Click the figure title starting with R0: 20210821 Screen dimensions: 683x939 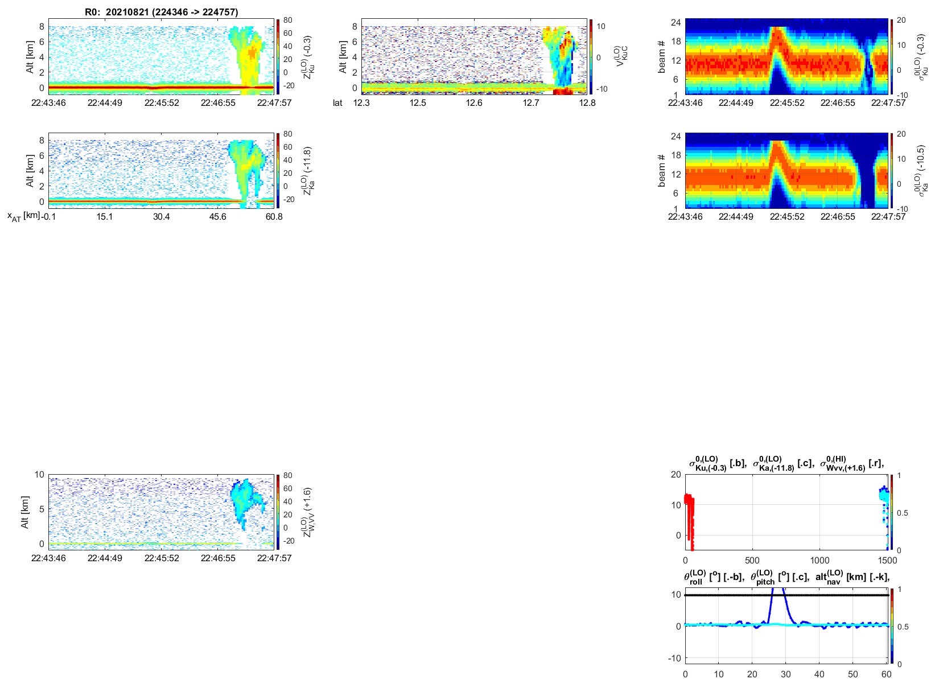click(162, 12)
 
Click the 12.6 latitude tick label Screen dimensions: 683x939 click(474, 103)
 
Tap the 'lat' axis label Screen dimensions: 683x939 click(337, 103)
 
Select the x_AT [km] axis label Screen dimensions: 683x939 click(23, 216)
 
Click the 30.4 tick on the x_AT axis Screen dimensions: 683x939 click(161, 217)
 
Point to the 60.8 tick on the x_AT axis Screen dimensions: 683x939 click(274, 217)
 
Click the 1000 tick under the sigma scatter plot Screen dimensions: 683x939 click(819, 560)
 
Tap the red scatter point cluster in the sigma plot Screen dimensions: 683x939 click(689, 512)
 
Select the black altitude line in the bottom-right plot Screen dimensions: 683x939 click(825, 595)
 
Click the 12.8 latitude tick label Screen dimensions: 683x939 click(587, 103)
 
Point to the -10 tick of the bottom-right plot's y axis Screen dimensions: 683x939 click(674, 658)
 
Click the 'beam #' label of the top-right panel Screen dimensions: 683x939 click(661, 56)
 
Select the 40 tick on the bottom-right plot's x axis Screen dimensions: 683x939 click(819, 674)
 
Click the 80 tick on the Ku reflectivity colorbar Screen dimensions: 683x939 click(288, 20)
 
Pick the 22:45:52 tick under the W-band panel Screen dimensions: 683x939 click(162, 558)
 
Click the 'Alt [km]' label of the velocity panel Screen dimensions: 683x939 click(343, 56)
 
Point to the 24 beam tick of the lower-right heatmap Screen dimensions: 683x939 click(676, 136)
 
